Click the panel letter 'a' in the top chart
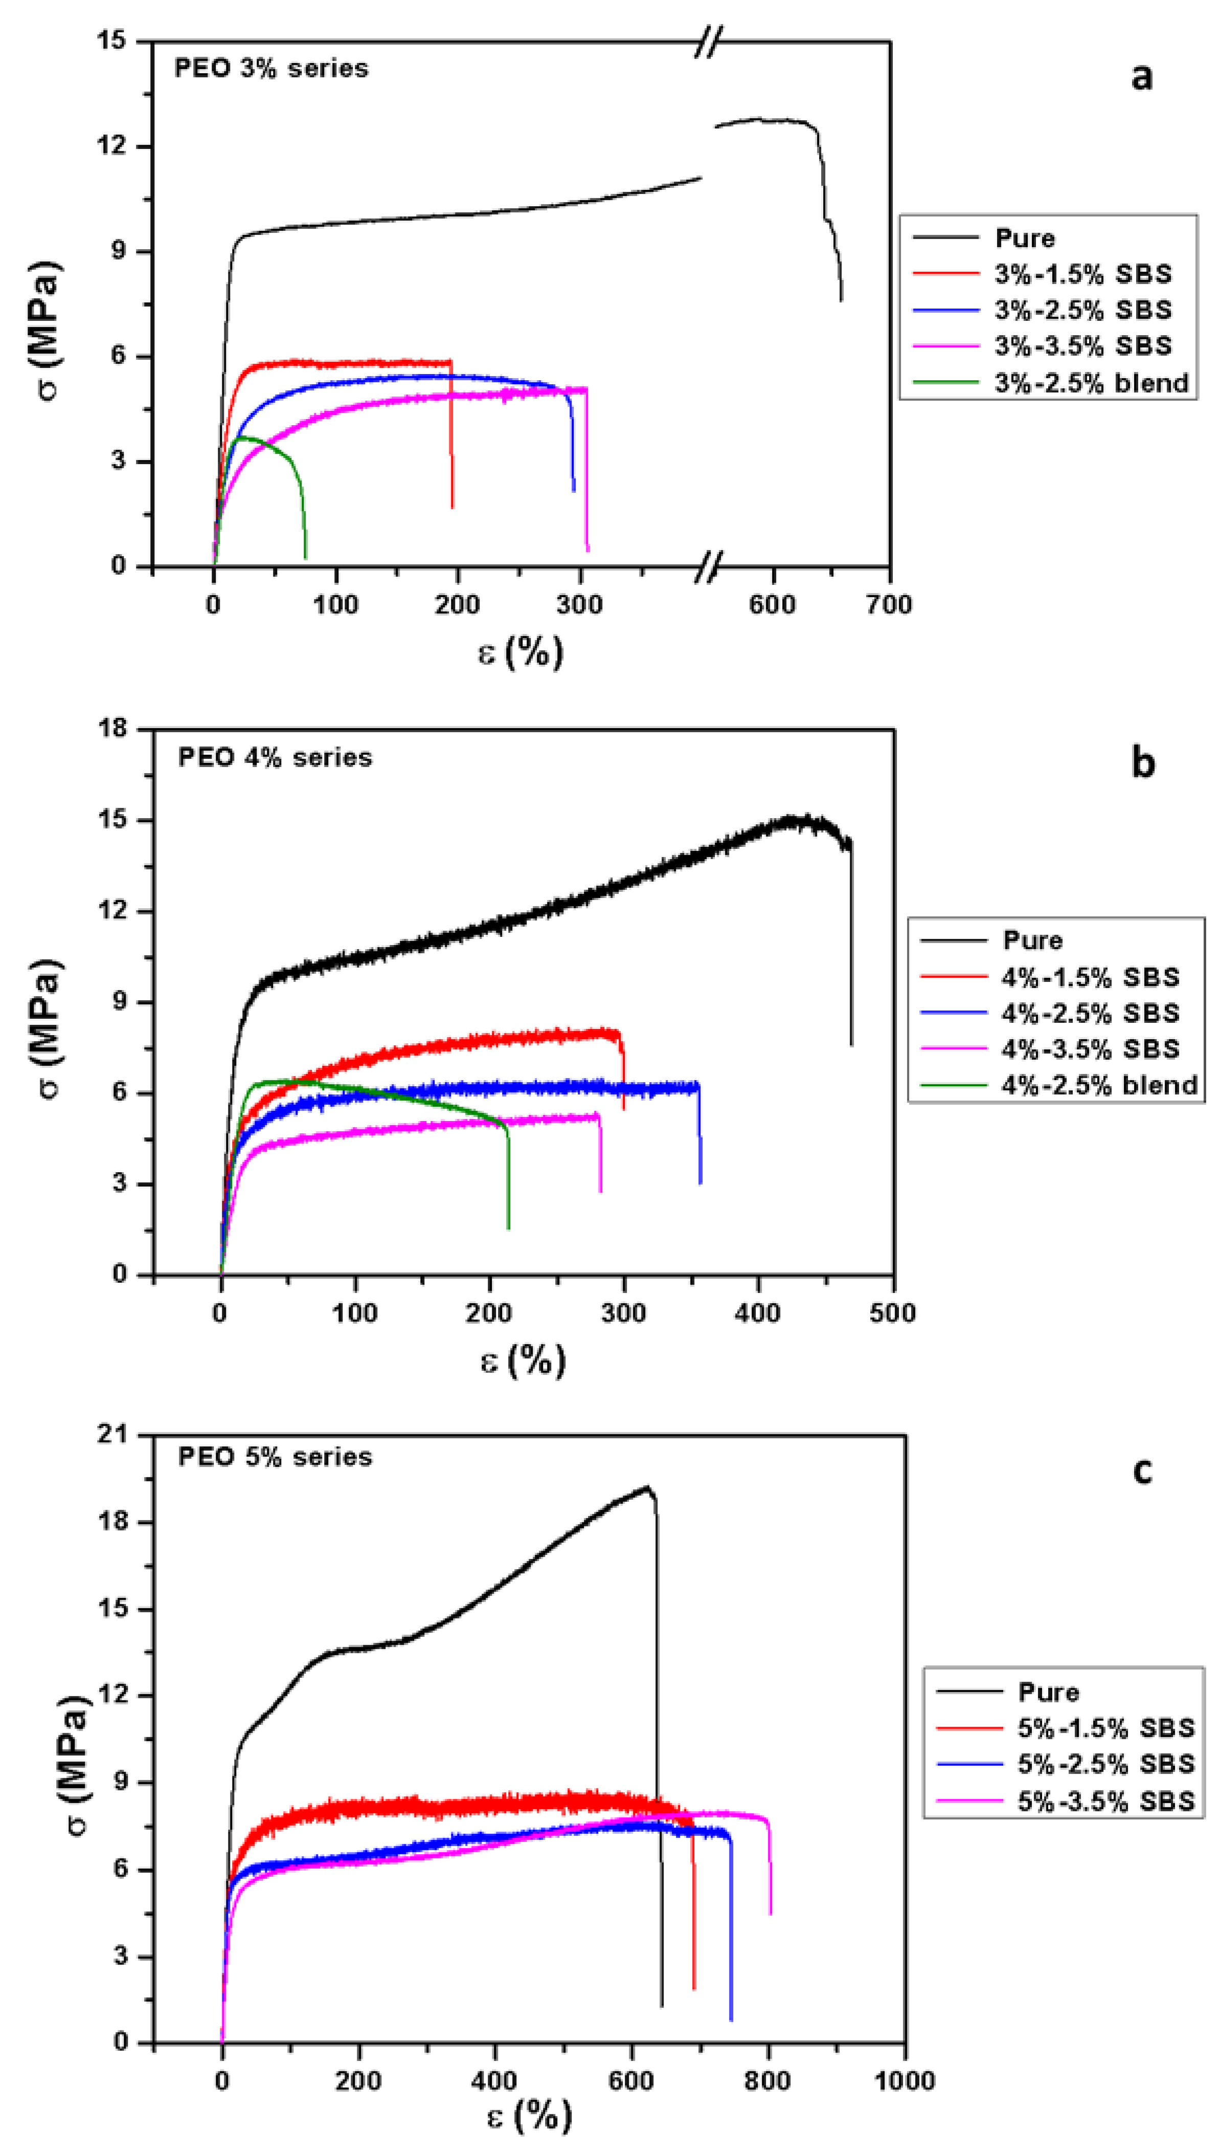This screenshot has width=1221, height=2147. [x=1141, y=77]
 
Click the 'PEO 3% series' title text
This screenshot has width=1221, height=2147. [x=271, y=68]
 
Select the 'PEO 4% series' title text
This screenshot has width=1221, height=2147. [x=275, y=758]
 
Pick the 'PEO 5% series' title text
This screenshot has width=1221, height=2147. [x=275, y=1457]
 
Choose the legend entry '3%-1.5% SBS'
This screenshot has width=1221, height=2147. [x=1082, y=274]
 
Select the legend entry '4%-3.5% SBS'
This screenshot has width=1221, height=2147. [x=1090, y=1049]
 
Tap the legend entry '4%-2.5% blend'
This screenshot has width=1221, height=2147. [x=1099, y=1085]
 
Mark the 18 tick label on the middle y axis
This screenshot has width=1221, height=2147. [x=113, y=728]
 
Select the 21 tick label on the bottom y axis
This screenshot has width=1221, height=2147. [x=113, y=1435]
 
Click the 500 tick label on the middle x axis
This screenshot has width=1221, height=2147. [x=892, y=1312]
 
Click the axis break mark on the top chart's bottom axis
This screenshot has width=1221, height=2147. [x=709, y=566]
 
